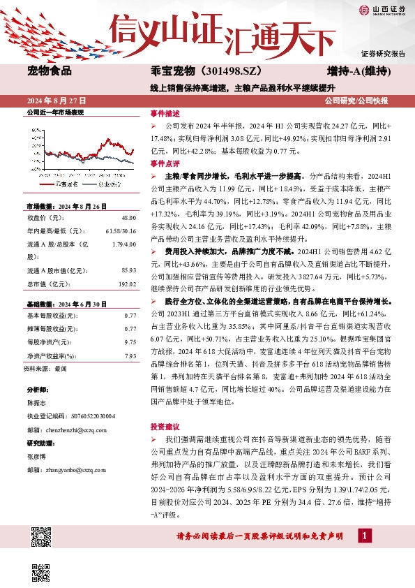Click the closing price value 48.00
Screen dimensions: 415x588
point(128,218)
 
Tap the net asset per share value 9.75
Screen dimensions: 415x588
point(130,342)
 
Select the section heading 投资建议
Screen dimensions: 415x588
point(165,425)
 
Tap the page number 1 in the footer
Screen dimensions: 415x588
point(364,535)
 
